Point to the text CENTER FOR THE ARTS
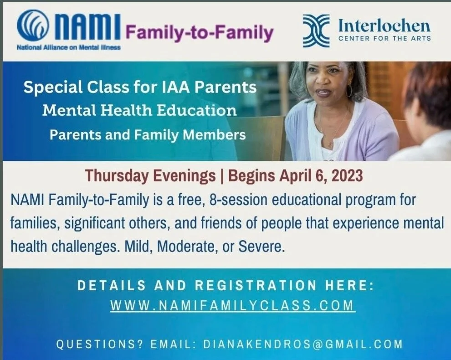384,38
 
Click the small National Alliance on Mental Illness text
68,47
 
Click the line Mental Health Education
139,111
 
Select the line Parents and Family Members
147,134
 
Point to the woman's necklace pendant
330,144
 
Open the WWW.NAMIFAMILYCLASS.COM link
232,305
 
